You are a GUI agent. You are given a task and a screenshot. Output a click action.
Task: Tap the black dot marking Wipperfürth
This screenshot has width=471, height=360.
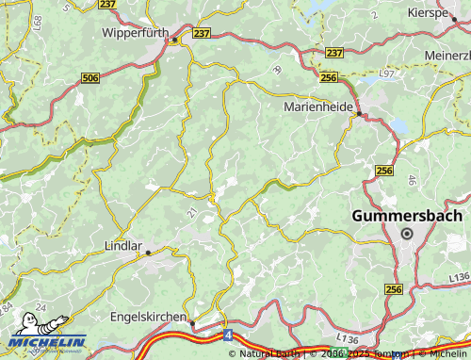click(174, 40)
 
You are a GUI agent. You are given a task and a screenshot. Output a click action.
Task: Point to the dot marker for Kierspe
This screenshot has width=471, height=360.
click(454, 18)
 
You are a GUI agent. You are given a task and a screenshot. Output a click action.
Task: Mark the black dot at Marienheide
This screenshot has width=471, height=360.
click(358, 115)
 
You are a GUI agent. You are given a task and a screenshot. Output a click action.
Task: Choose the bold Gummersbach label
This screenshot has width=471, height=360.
click(407, 216)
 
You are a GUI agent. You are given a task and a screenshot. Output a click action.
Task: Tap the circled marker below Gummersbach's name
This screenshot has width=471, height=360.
click(407, 233)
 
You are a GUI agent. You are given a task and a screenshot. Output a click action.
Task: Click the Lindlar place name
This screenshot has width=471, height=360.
click(122, 247)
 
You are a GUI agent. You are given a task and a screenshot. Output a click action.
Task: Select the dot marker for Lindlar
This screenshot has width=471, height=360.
click(148, 253)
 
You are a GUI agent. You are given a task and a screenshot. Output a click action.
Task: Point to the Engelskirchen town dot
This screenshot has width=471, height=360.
click(192, 323)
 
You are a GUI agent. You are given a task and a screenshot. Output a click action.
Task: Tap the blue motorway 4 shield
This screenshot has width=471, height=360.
click(228, 334)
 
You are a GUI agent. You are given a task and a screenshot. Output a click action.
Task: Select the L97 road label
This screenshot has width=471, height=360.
click(387, 73)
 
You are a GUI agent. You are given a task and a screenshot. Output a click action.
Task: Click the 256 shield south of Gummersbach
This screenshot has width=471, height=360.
click(394, 289)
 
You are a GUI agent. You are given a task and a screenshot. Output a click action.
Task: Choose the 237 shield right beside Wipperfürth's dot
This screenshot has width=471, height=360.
click(202, 34)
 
